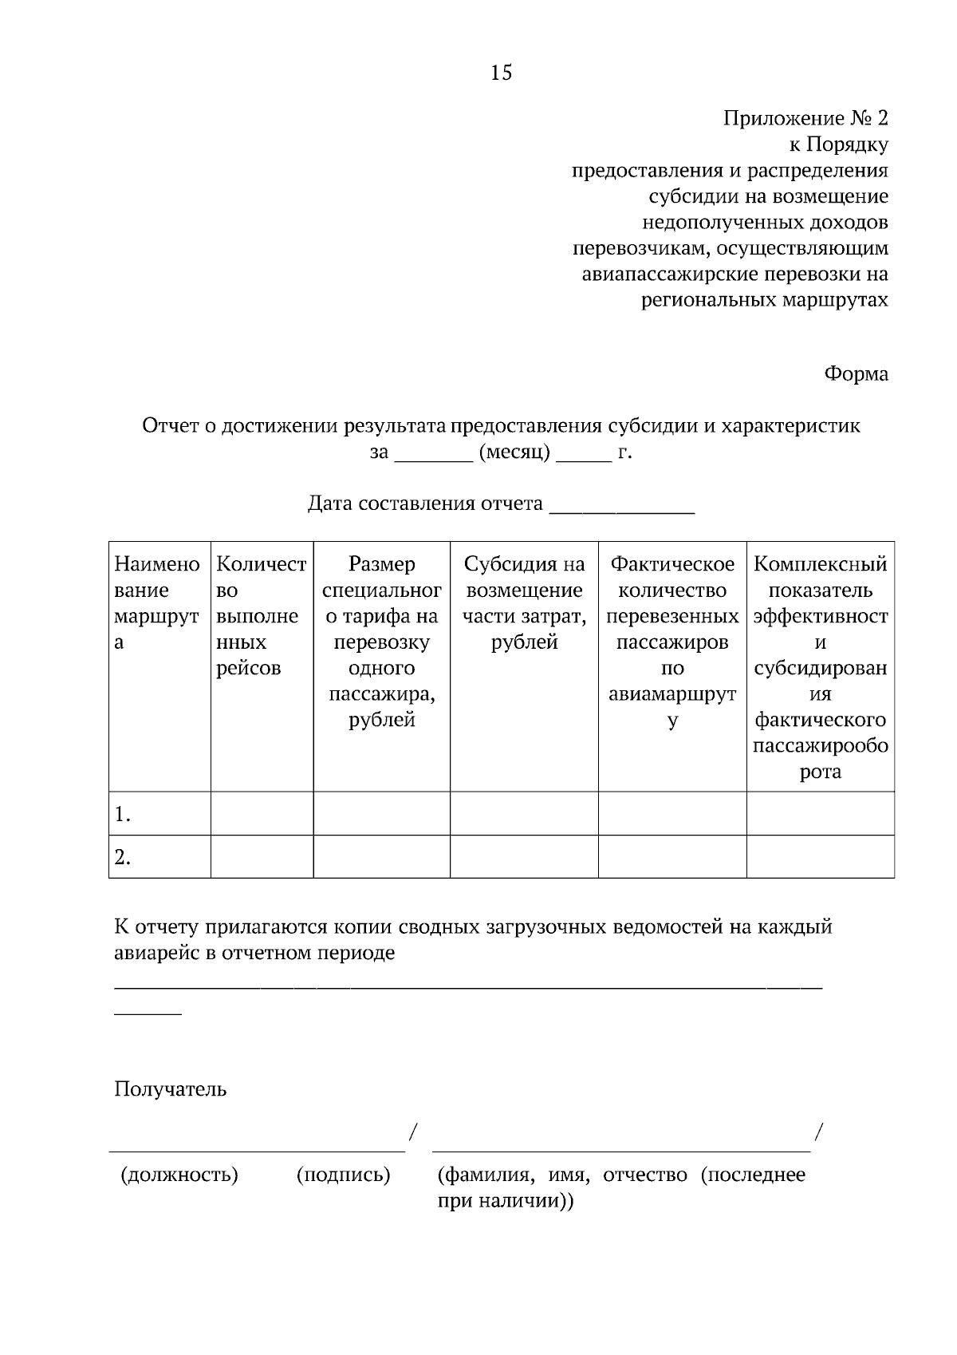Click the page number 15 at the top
click(x=501, y=73)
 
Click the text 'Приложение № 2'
click(x=805, y=119)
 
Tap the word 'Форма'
click(x=856, y=373)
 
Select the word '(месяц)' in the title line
click(x=514, y=452)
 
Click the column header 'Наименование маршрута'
click(x=158, y=603)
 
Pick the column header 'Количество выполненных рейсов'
click(x=261, y=616)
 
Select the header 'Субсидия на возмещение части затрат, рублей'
click(x=524, y=603)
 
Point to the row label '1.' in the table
click(x=123, y=815)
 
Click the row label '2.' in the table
click(x=123, y=858)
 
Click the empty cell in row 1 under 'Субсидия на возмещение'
click(x=524, y=814)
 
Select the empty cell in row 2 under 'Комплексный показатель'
click(x=820, y=857)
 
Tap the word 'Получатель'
click(x=170, y=1089)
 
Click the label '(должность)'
click(x=179, y=1175)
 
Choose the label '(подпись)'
click(x=343, y=1175)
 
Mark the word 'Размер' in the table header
click(x=381, y=564)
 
